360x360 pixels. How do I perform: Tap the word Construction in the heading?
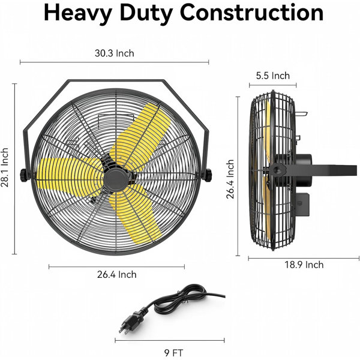pos(251,13)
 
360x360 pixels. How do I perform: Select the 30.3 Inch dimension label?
pos(115,53)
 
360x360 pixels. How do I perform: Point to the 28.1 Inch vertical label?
pos(5,167)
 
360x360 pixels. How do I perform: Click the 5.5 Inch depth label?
pos(273,76)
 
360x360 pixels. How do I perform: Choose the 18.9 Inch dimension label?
pos(304,265)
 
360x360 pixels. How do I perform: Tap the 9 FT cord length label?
pos(173,353)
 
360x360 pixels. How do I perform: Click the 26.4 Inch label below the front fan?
pos(116,274)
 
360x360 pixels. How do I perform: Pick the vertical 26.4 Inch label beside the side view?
pos(230,179)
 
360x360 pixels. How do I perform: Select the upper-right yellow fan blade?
pos(140,136)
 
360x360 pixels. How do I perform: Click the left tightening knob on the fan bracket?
pos(23,175)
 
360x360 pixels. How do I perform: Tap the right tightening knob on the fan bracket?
pos(208,175)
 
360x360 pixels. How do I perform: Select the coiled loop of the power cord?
pos(181,298)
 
